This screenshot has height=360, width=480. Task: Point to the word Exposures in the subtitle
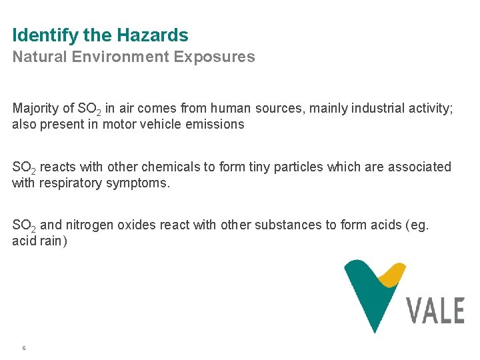(214, 57)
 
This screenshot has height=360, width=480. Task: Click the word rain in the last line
(50, 241)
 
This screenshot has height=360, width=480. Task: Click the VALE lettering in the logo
(435, 310)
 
